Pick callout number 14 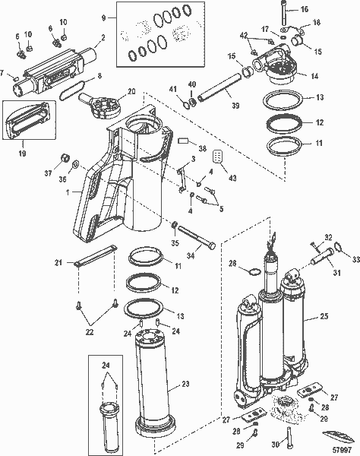point(314,76)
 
